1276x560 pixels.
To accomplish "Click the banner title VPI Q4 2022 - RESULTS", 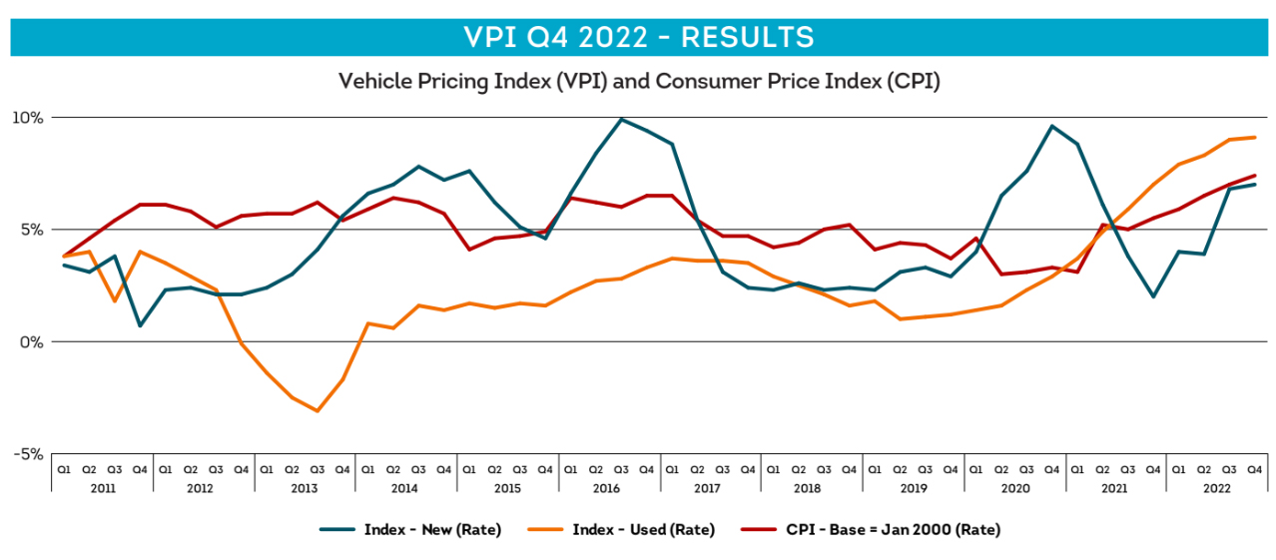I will (639, 37).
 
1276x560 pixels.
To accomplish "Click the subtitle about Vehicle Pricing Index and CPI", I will (639, 82).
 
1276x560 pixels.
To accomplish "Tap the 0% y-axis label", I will (33, 341).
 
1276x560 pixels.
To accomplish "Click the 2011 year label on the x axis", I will (102, 488).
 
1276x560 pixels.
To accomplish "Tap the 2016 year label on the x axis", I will (609, 488).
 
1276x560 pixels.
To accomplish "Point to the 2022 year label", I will (1217, 488).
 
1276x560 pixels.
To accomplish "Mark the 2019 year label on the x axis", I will (914, 488).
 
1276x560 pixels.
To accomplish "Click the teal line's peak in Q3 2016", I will (622, 120).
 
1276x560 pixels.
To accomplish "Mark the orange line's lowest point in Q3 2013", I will (318, 411).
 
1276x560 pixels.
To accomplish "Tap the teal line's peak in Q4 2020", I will (1052, 126).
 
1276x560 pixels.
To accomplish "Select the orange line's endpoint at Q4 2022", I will (1255, 138).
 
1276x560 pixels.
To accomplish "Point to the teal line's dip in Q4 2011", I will (140, 325).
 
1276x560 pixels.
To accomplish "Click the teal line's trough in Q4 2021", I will (1153, 296).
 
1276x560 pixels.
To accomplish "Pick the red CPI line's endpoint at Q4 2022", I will (1255, 176).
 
